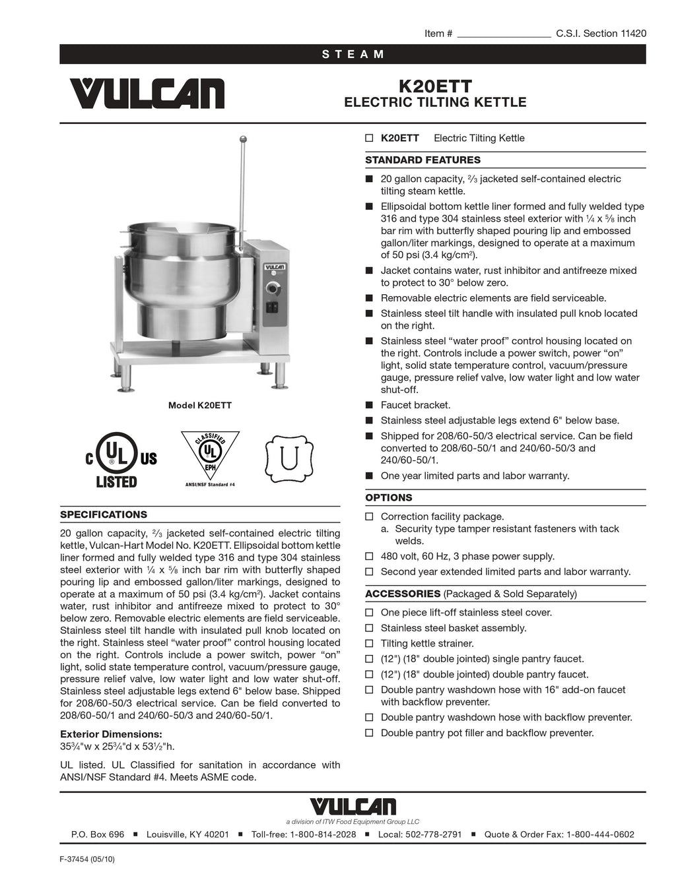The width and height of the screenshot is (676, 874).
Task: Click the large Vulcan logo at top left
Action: click(x=147, y=94)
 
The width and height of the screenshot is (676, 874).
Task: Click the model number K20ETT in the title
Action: click(x=435, y=86)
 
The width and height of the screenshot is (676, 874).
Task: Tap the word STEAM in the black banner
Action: click(x=353, y=54)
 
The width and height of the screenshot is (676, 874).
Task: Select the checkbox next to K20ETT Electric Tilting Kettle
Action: click(x=370, y=139)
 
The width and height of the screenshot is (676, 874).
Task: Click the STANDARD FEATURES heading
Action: click(x=422, y=160)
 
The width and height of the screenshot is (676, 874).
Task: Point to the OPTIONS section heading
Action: click(x=388, y=498)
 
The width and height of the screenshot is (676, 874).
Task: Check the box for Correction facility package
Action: click(x=370, y=517)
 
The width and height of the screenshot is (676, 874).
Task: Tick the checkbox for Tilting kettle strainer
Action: click(x=370, y=644)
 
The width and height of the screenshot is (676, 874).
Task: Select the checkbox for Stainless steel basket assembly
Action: click(x=370, y=629)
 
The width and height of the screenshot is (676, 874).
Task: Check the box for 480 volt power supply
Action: click(x=370, y=557)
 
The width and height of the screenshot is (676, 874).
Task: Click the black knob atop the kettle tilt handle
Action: click(x=244, y=139)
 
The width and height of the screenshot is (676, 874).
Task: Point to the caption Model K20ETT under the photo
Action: click(x=200, y=406)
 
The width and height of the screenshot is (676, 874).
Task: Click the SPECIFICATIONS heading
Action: click(x=104, y=515)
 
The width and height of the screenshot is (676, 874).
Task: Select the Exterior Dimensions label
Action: click(x=111, y=734)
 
